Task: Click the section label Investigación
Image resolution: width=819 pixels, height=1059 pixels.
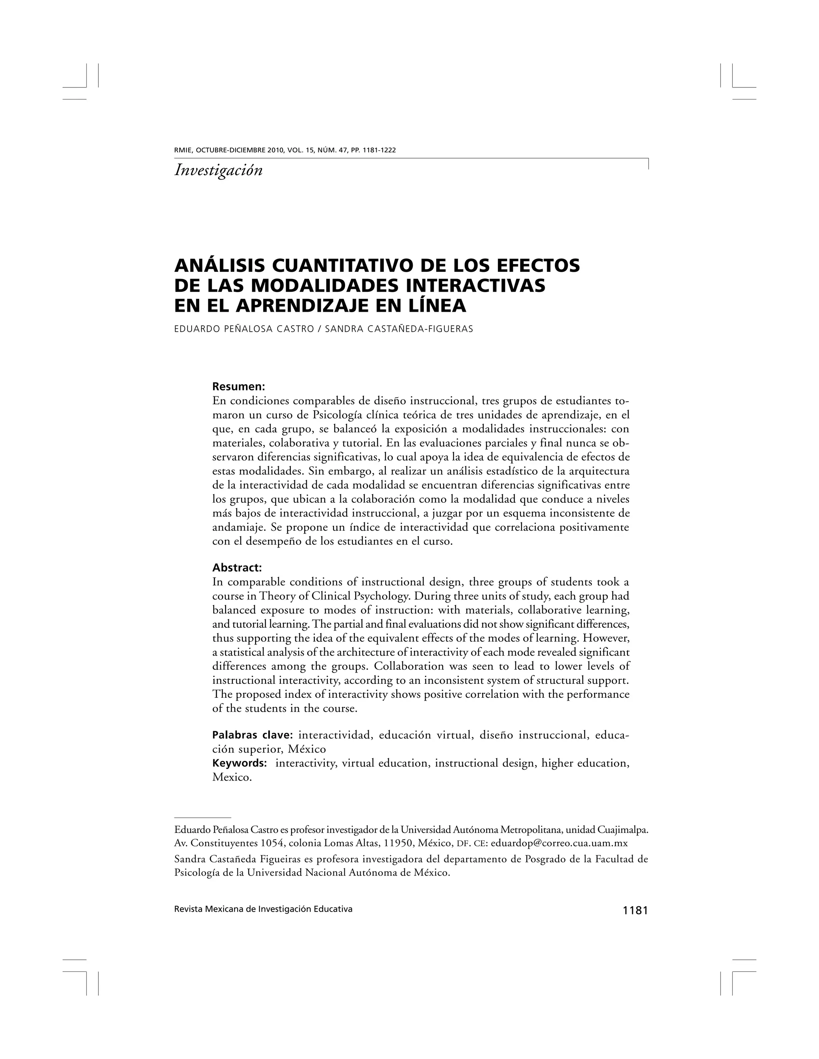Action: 218,170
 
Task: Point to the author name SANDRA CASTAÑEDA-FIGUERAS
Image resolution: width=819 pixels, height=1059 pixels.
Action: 399,329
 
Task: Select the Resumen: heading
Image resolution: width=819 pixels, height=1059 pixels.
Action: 239,387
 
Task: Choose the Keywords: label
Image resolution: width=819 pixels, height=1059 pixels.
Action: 240,763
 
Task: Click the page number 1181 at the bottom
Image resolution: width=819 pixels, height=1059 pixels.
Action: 635,911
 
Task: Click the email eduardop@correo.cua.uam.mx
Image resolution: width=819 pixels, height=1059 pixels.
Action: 560,843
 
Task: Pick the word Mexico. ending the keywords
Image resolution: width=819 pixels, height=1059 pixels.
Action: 232,778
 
